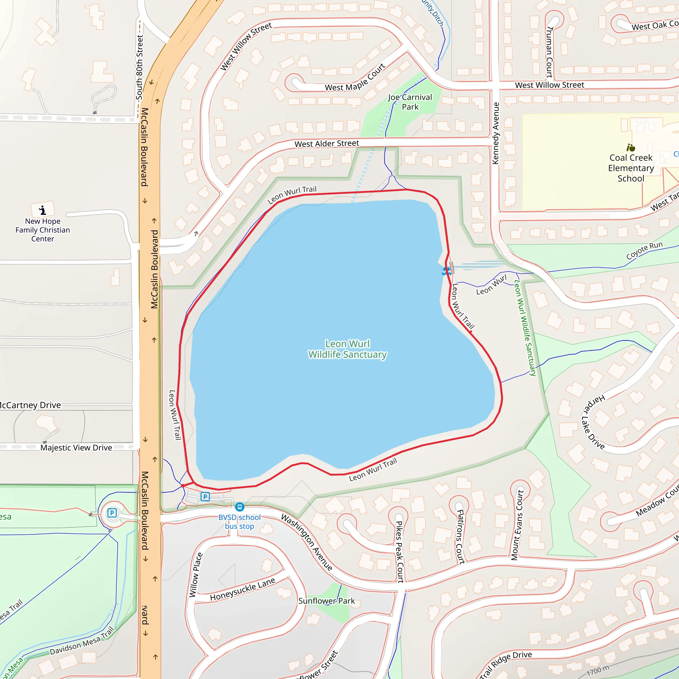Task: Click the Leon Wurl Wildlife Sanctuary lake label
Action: point(347,349)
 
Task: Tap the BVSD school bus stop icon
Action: point(240,507)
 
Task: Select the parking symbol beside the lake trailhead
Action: point(205,497)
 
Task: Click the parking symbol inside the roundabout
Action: point(112,513)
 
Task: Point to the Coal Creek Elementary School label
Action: point(631,168)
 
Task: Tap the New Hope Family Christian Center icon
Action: point(42,210)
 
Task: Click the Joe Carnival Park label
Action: point(410,102)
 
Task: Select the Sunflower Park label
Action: point(327,601)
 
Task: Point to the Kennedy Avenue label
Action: point(496,133)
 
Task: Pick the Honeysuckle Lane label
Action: point(242,590)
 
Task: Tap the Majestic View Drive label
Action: point(76,448)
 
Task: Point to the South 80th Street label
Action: point(140,67)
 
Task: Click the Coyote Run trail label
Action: point(644,250)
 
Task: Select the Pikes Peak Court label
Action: point(400,552)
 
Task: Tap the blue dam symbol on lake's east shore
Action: point(446,271)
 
